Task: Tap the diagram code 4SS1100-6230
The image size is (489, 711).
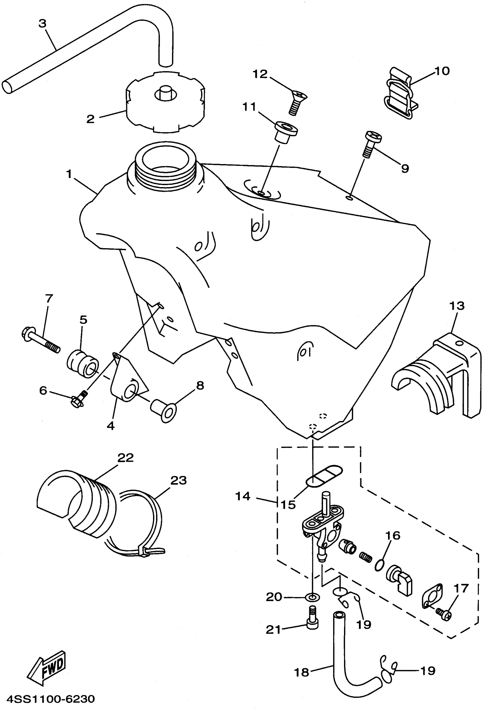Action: pyautogui.click(x=51, y=699)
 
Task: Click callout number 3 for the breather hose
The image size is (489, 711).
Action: pyautogui.click(x=43, y=24)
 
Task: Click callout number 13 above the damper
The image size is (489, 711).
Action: pyautogui.click(x=457, y=306)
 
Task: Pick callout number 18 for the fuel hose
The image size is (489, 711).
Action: pyautogui.click(x=301, y=672)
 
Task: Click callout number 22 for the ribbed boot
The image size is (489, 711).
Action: pyautogui.click(x=126, y=458)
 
